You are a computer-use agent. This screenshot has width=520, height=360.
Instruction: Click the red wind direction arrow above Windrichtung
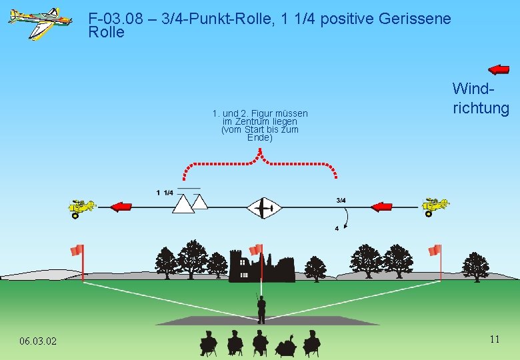pyautogui.click(x=498, y=69)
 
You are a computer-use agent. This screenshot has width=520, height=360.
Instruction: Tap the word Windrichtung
pyautogui.click(x=481, y=98)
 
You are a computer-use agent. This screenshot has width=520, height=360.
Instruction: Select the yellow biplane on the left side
pyautogui.click(x=82, y=207)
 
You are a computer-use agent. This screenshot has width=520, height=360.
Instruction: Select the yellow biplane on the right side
pyautogui.click(x=435, y=207)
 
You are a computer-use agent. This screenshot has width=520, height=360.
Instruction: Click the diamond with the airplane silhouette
pyautogui.click(x=265, y=209)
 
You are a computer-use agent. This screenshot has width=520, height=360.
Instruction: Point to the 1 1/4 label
pyautogui.click(x=165, y=193)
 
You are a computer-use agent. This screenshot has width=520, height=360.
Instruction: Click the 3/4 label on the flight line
pyautogui.click(x=341, y=200)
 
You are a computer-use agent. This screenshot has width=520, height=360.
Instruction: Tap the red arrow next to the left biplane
pyautogui.click(x=121, y=207)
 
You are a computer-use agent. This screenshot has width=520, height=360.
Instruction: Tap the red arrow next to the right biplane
pyautogui.click(x=381, y=207)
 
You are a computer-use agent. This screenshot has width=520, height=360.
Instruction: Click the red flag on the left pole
pyautogui.click(x=77, y=251)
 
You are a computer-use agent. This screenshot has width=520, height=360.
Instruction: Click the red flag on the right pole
pyautogui.click(x=435, y=251)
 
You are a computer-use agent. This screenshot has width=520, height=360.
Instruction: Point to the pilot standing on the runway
pyautogui.click(x=261, y=307)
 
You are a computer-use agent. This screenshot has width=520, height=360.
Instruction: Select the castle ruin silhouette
pyautogui.click(x=261, y=266)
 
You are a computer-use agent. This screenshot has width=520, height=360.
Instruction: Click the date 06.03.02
pyautogui.click(x=38, y=341)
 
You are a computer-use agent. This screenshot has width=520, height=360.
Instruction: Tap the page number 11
pyautogui.click(x=494, y=339)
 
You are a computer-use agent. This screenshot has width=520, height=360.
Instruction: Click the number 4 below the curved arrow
pyautogui.click(x=337, y=229)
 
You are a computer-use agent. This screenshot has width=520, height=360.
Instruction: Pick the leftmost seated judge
pyautogui.click(x=209, y=343)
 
